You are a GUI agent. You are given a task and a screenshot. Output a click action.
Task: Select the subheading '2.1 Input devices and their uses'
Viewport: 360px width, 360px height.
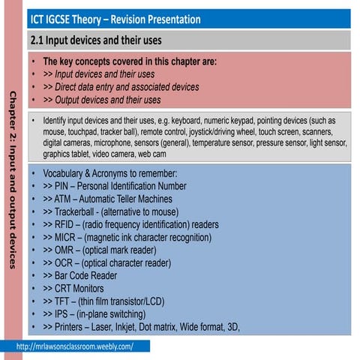click(95, 39)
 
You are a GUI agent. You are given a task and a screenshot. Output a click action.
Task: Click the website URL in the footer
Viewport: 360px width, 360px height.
click(74, 346)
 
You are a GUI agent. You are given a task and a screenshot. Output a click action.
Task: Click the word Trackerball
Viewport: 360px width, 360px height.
click(79, 211)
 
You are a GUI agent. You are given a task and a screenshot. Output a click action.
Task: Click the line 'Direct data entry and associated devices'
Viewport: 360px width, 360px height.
click(121, 87)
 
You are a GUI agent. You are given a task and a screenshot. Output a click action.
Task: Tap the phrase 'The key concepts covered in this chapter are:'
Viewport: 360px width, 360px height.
click(130, 61)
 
